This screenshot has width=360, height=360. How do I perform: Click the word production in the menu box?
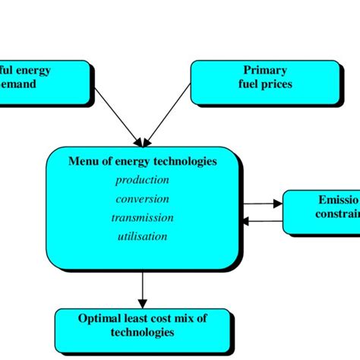point(142,180)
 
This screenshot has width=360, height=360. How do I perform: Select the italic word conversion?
point(142,199)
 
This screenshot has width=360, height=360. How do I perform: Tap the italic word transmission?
point(142,217)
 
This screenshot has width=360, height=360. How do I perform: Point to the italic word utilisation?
point(142,236)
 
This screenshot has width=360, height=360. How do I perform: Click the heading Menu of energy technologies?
point(142,161)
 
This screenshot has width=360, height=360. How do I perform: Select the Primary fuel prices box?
point(264,81)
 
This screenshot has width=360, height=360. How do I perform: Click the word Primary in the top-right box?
point(265,71)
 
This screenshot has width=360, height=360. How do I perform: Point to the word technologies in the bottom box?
point(142,333)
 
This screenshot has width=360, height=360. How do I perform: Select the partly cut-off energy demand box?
point(42,81)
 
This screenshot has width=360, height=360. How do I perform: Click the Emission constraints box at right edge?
point(322,210)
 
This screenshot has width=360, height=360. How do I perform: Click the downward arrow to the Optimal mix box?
point(142,289)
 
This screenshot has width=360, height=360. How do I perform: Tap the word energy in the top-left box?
point(35,71)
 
